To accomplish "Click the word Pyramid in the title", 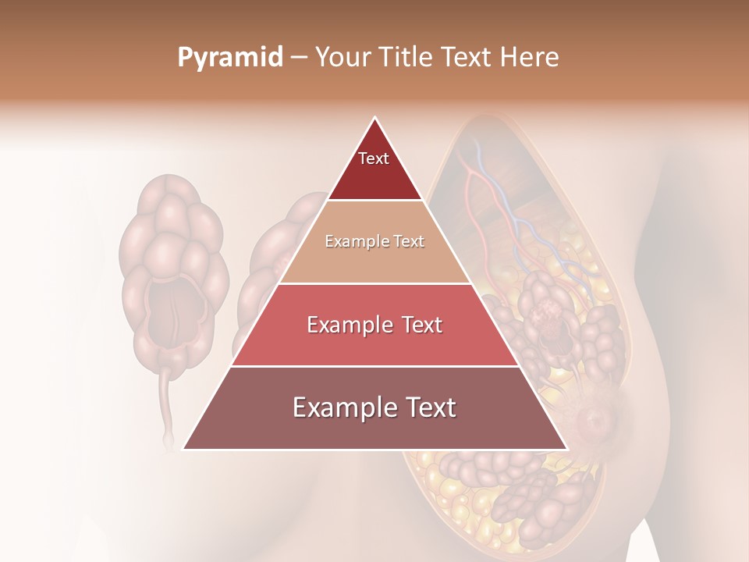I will click(x=229, y=58).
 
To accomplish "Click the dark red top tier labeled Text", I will click(x=374, y=168).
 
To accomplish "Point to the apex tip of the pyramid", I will click(x=375, y=119).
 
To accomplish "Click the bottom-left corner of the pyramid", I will click(x=185, y=448).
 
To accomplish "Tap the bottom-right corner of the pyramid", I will click(x=566, y=448).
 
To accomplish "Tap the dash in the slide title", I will click(x=299, y=58).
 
